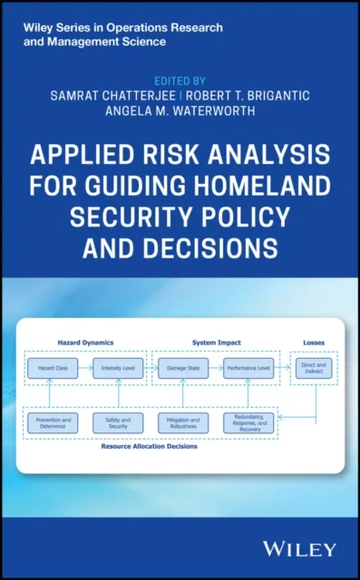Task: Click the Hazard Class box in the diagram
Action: point(53,369)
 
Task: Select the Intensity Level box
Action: point(118,369)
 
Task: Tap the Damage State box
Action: point(183,369)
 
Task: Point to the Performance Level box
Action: point(248,369)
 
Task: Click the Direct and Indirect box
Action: point(314,369)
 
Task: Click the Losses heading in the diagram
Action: point(314,343)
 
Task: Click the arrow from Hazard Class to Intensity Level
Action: point(85,369)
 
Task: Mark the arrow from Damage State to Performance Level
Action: point(216,369)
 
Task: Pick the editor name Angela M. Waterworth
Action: point(180,111)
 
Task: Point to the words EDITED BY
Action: point(180,78)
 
